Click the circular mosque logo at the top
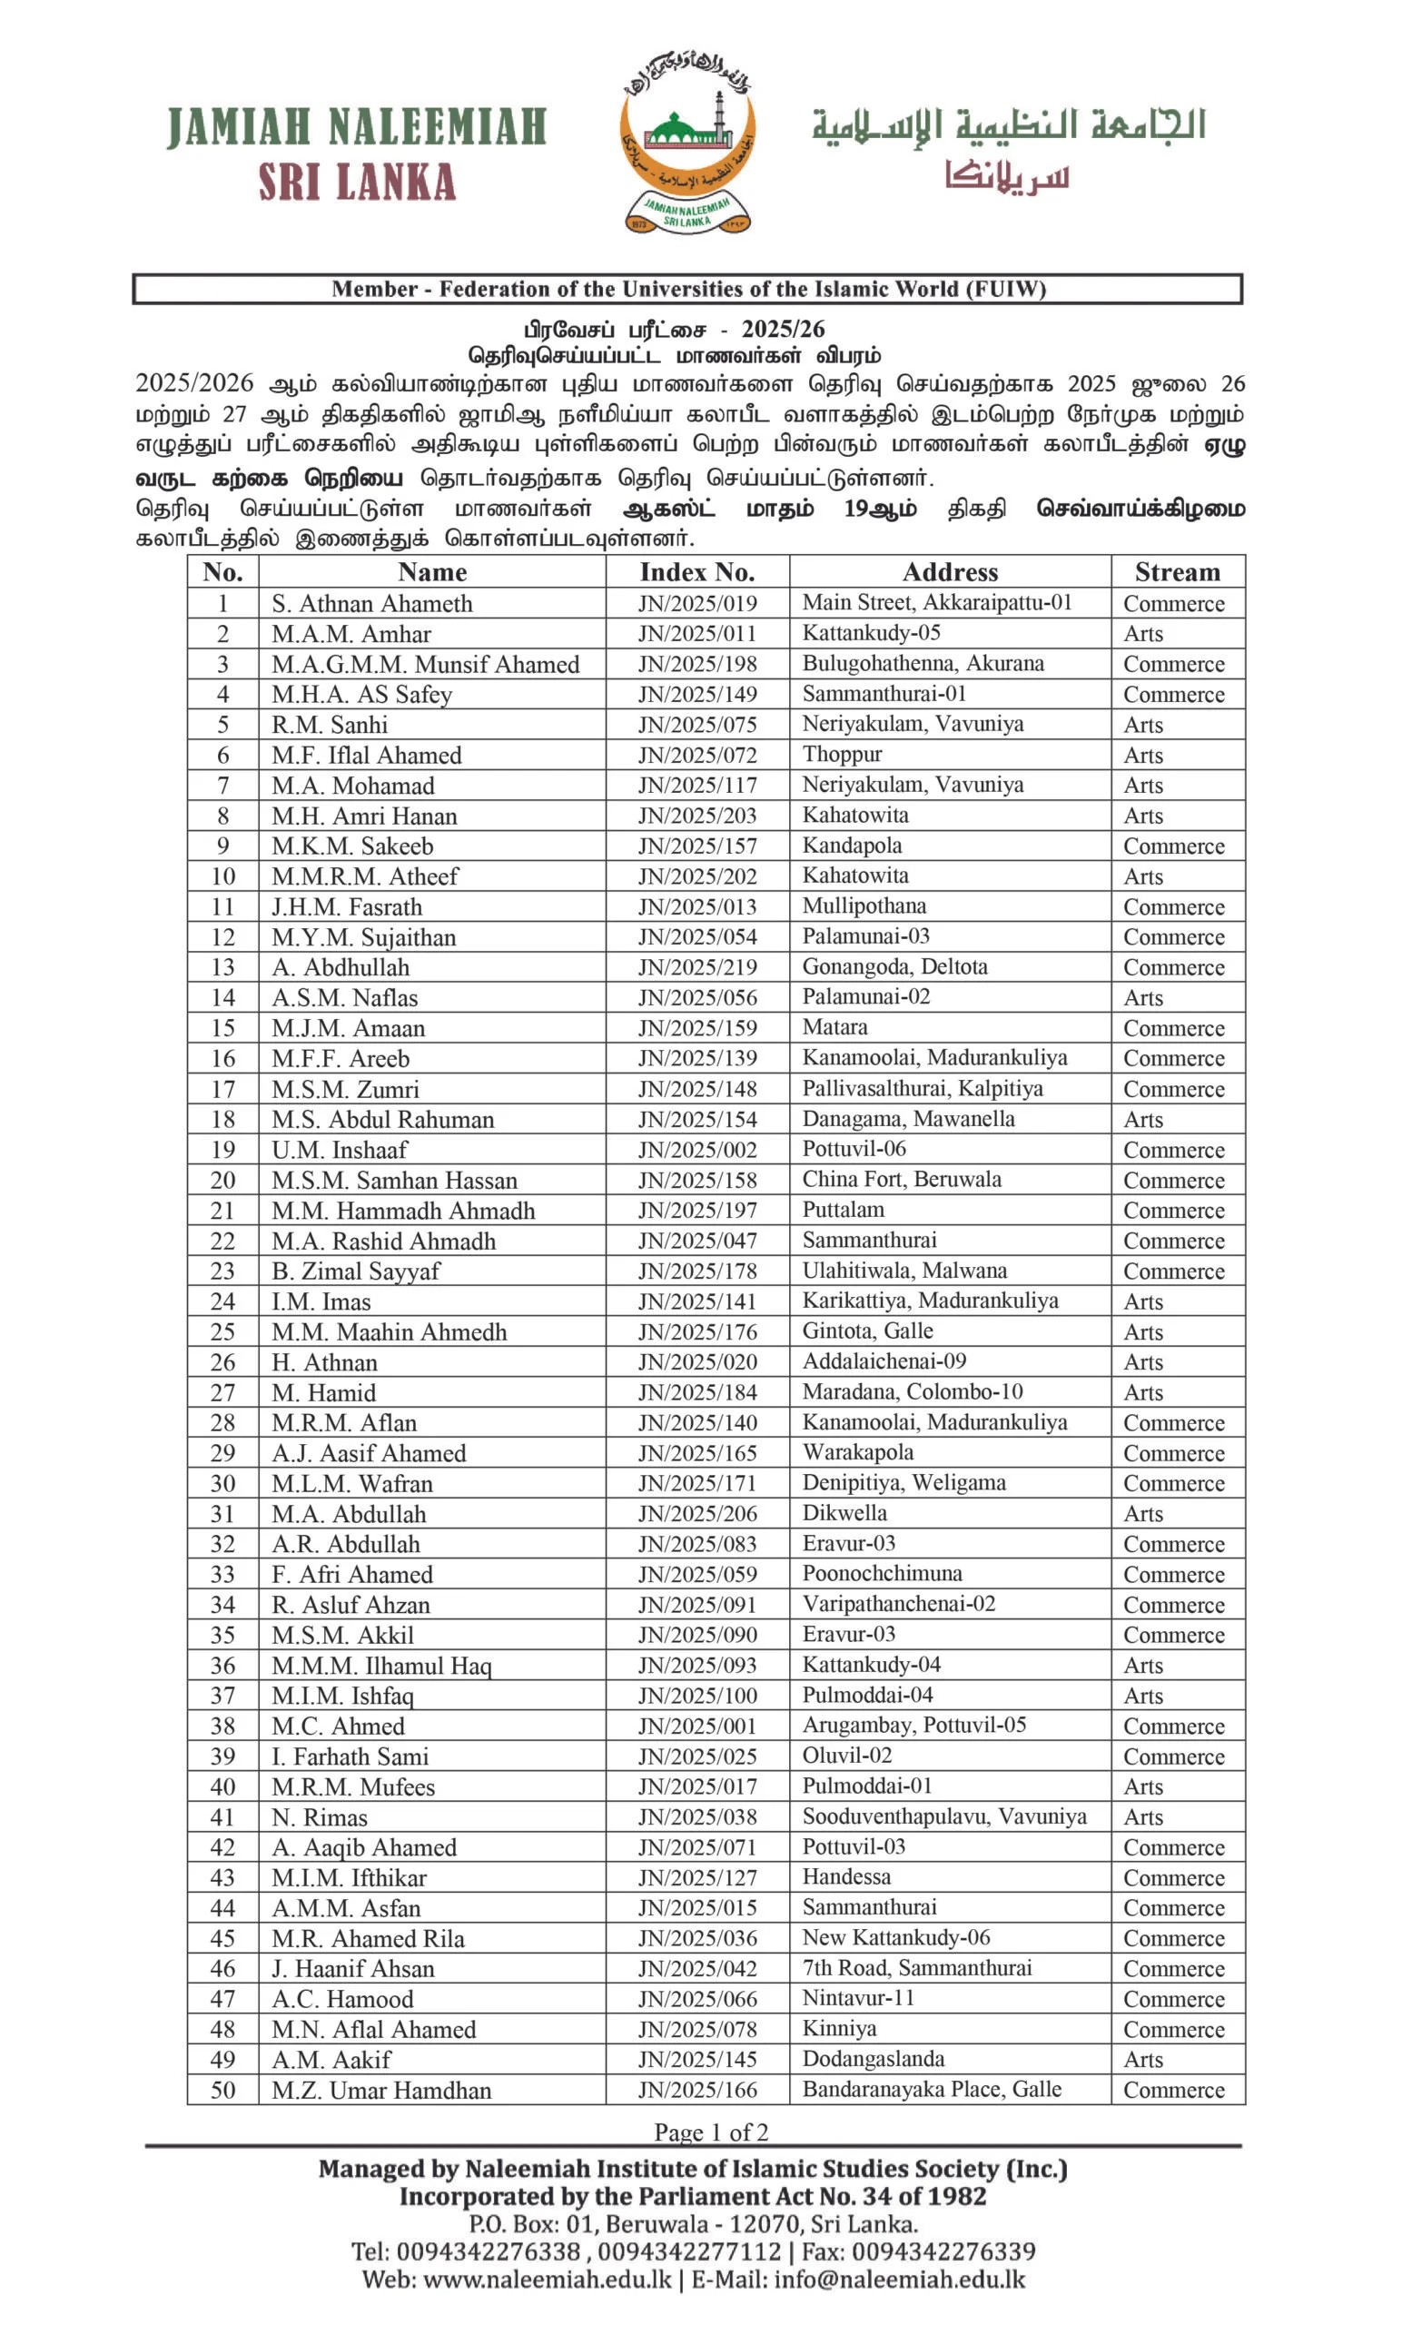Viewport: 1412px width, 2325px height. [x=687, y=142]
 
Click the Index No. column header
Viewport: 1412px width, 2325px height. [x=697, y=572]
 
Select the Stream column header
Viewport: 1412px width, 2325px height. [x=1176, y=572]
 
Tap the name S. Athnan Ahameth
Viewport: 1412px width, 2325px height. [x=371, y=603]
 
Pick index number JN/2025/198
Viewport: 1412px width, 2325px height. [x=697, y=663]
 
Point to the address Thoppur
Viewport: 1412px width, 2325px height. [x=842, y=754]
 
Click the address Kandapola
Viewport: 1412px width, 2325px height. [x=852, y=845]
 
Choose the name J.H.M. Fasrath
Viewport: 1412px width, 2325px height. [x=346, y=905]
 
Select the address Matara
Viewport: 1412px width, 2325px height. [x=834, y=1026]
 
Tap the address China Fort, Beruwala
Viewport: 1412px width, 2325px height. [x=901, y=1179]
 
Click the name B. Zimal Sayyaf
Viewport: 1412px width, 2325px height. [x=356, y=1270]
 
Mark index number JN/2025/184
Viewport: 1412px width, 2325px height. [x=697, y=1391]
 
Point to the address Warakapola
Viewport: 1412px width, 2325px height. [x=857, y=1452]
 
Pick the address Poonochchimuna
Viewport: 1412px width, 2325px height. [x=882, y=1573]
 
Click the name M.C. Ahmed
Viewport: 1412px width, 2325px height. [x=338, y=1726]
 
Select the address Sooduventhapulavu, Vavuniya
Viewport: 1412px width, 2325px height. [x=943, y=1816]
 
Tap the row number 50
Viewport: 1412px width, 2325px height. [x=222, y=2089]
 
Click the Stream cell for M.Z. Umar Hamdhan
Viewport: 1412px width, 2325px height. [x=1172, y=2089]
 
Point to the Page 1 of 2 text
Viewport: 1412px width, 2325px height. [x=710, y=2132]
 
